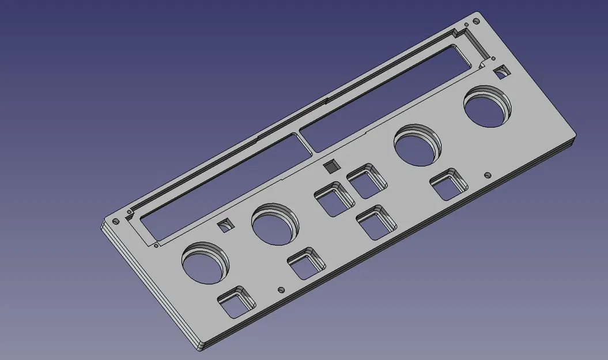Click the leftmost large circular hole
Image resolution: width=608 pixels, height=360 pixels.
pyautogui.click(x=205, y=263)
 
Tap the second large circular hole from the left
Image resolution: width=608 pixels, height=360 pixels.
pyautogui.click(x=274, y=223)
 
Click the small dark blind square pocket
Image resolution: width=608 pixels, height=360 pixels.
pyautogui.click(x=331, y=166)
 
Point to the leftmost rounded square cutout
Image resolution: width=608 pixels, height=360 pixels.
pyautogui.click(x=237, y=303)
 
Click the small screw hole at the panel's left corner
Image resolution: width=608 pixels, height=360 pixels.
pyautogui.click(x=115, y=221)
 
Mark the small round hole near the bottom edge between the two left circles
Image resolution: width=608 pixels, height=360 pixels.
pyautogui.click(x=281, y=290)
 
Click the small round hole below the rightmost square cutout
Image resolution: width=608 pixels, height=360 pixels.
pyautogui.click(x=488, y=173)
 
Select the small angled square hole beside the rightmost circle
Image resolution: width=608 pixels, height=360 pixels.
pyautogui.click(x=501, y=72)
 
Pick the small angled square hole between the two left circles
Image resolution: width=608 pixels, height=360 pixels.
pyautogui.click(x=225, y=225)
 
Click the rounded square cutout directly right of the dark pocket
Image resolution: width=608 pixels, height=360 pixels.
pyautogui.click(x=367, y=180)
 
